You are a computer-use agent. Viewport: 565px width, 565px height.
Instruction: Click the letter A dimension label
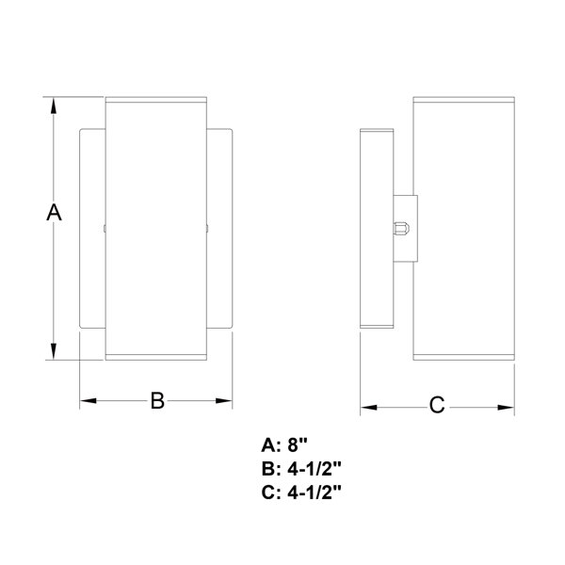(54, 213)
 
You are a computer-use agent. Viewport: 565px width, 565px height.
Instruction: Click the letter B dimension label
(157, 401)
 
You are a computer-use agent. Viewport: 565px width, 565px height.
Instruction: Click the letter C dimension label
(437, 407)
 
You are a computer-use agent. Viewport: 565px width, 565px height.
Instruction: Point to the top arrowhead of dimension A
(55, 103)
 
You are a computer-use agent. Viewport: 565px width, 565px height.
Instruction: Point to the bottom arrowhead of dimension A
(55, 352)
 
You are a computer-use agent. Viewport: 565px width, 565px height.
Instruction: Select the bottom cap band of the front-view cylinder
(155, 355)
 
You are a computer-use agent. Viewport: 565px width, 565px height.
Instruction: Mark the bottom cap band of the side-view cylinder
(466, 356)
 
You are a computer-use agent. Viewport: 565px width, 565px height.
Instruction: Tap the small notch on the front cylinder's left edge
(105, 227)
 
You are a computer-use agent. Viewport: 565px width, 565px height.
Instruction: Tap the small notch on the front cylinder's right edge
(206, 227)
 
